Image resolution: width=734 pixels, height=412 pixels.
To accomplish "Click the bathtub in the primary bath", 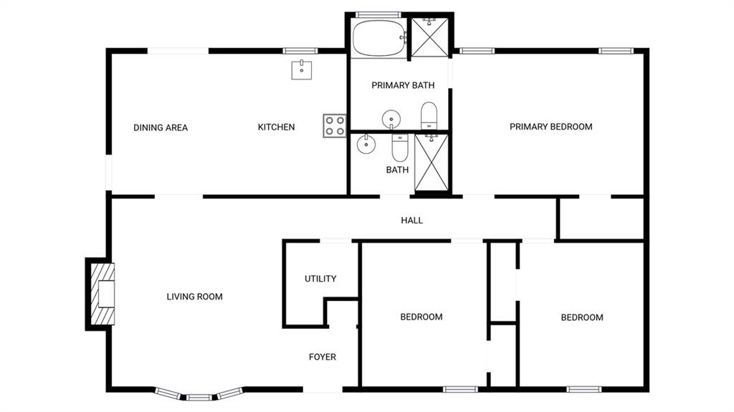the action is coord(379,38).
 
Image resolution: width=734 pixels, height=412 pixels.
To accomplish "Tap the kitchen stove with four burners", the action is coord(335,125).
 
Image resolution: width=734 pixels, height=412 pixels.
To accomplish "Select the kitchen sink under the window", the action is coord(302,70).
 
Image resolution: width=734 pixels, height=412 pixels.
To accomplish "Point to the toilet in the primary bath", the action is coord(429,115).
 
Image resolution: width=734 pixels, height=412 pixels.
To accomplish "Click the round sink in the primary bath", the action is coord(391,119).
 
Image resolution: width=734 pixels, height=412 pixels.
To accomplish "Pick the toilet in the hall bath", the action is coord(400,147).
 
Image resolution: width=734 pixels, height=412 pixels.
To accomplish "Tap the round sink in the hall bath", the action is coord(366,144).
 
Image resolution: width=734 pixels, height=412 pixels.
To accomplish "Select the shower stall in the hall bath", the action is coord(432,163).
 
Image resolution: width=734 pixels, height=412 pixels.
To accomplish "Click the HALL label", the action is coord(412,220).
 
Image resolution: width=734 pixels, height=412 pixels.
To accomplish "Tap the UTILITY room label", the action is coord(320,279).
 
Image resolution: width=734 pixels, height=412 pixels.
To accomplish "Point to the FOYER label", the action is coord(323,357).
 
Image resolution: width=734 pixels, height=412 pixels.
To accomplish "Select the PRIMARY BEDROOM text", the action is coord(551,126).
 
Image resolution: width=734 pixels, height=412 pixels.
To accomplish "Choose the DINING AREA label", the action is coord(161,128).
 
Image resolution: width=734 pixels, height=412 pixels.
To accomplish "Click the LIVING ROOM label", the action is coord(195,297).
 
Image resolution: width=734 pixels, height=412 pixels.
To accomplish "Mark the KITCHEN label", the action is coord(276,127).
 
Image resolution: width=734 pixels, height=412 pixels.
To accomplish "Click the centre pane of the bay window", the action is coord(199,398).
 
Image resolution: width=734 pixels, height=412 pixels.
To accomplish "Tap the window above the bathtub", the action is coord(378,15).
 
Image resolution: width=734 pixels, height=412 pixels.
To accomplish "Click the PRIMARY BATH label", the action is coord(403,85).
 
